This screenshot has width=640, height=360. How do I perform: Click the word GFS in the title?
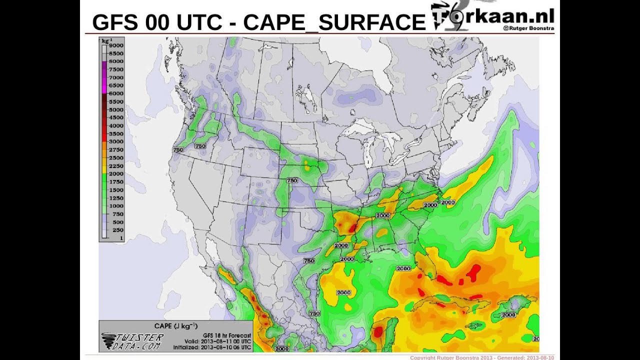click(115, 22)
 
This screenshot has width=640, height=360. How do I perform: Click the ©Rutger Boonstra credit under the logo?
click(528, 28)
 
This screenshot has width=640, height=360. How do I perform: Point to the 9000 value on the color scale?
click(116, 45)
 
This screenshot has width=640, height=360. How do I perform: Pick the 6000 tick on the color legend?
click(116, 93)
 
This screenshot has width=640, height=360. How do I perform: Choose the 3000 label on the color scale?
click(116, 142)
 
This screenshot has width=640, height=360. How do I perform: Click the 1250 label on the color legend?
click(116, 198)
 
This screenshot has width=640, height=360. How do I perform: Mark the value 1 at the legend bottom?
click(121, 238)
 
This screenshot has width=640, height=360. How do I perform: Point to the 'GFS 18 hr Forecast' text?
click(227, 335)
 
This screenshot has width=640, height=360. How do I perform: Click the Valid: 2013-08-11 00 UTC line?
click(220, 341)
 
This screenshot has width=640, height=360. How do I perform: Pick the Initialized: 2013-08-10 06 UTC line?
click(212, 347)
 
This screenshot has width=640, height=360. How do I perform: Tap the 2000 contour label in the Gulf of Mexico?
click(343, 292)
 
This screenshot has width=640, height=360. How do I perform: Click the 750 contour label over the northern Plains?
click(292, 180)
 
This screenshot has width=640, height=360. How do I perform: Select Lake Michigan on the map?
click(368, 152)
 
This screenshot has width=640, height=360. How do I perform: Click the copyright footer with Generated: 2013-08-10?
click(481, 357)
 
